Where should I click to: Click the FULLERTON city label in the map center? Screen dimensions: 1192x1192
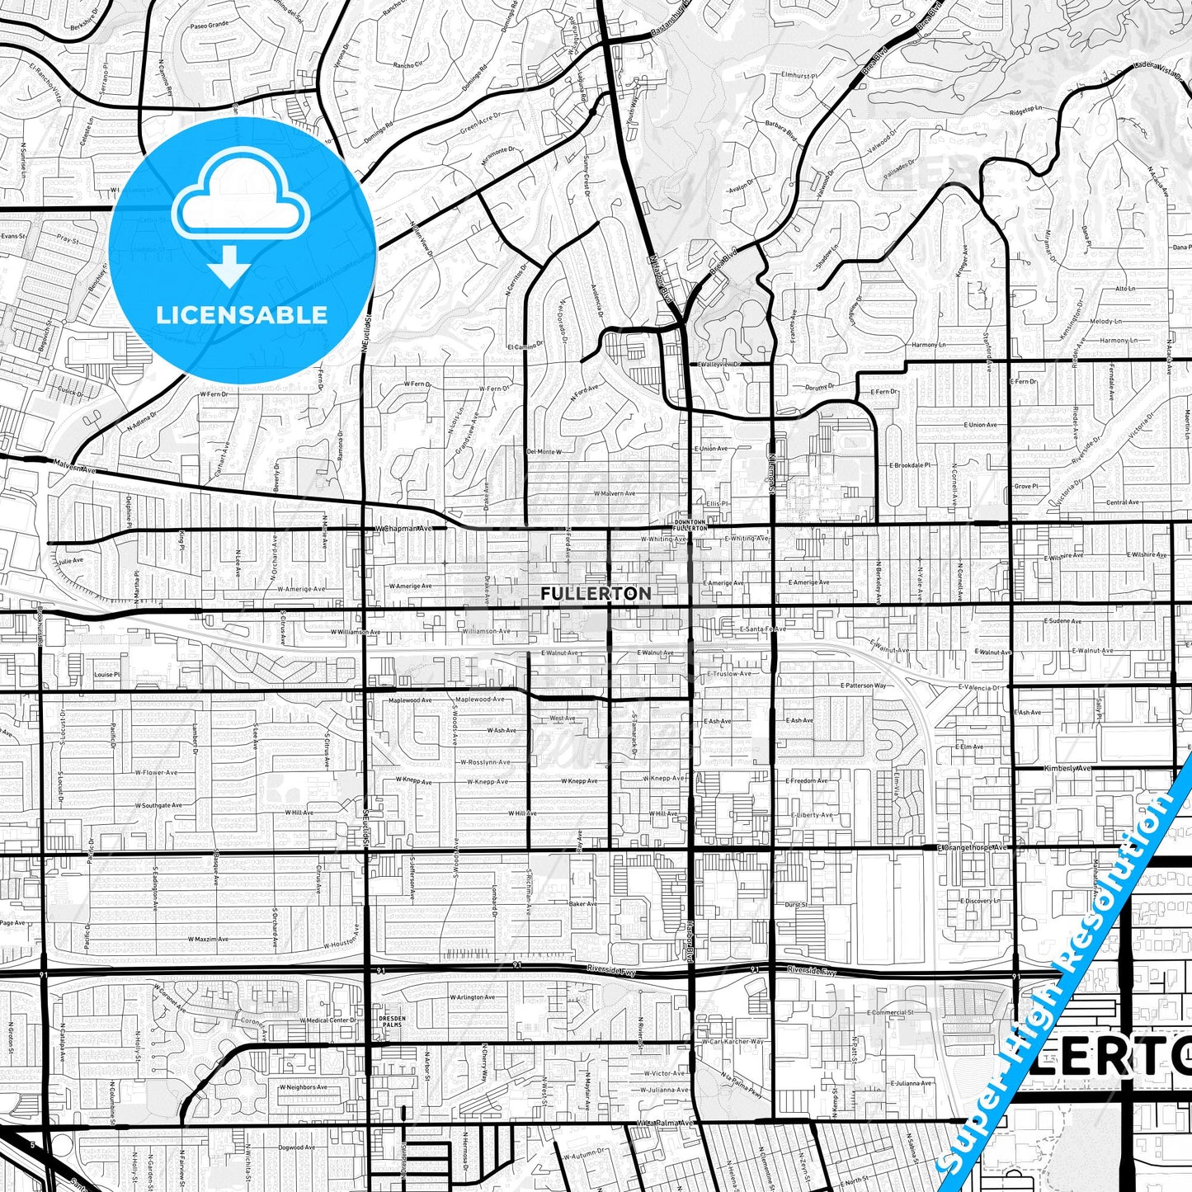[x=596, y=593]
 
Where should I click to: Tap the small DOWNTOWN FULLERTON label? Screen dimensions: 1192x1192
[x=690, y=525]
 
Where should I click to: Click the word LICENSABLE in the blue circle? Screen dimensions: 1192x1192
[x=242, y=314]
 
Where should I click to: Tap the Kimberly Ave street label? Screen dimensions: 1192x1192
[x=1067, y=768]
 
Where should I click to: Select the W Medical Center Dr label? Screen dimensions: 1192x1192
[x=326, y=1020]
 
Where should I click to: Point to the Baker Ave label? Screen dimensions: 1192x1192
[x=582, y=903]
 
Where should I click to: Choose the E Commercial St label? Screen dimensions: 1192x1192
[x=890, y=1012]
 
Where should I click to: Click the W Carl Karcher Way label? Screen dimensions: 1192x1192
[x=733, y=1042]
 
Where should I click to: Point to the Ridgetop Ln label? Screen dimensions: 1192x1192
[x=1027, y=109]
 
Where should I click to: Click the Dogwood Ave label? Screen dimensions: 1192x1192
[x=297, y=1147]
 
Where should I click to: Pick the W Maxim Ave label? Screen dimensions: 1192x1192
[x=207, y=939]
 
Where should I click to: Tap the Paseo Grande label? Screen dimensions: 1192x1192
[x=209, y=49]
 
